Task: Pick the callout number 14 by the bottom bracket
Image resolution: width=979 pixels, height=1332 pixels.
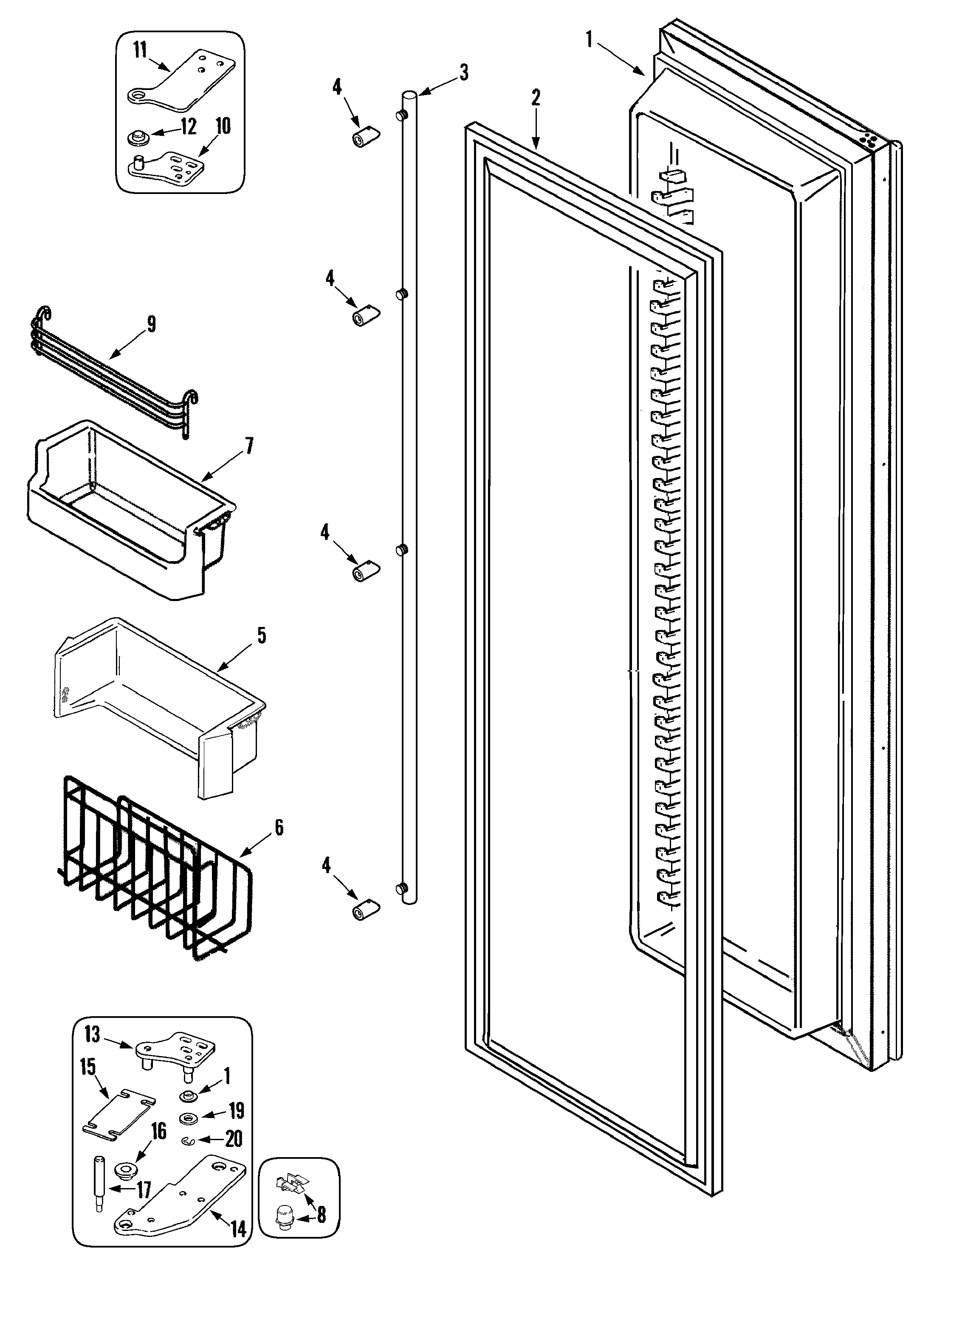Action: [238, 1230]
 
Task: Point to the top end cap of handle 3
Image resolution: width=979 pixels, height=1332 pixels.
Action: [409, 94]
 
